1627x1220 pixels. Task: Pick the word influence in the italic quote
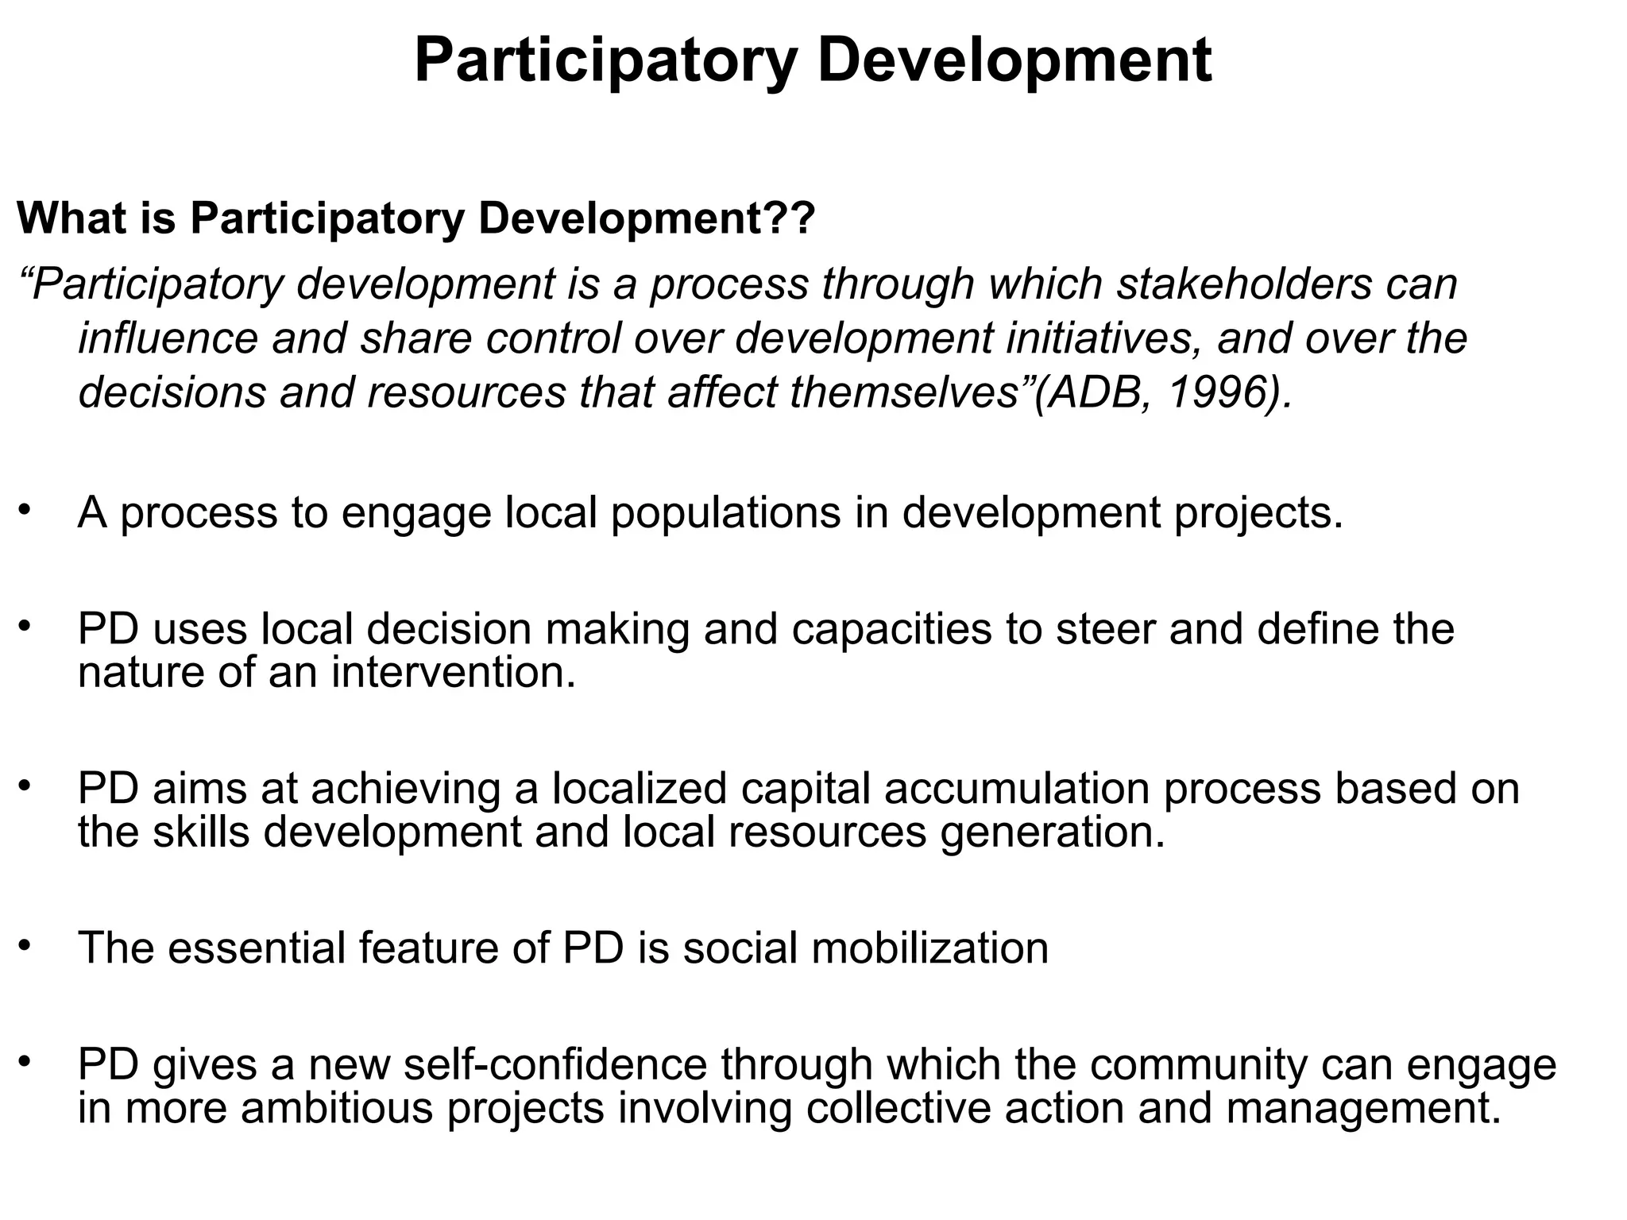168,338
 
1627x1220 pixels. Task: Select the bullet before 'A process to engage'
25,508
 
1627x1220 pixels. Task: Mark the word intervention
453,672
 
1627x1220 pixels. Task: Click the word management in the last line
1363,1109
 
